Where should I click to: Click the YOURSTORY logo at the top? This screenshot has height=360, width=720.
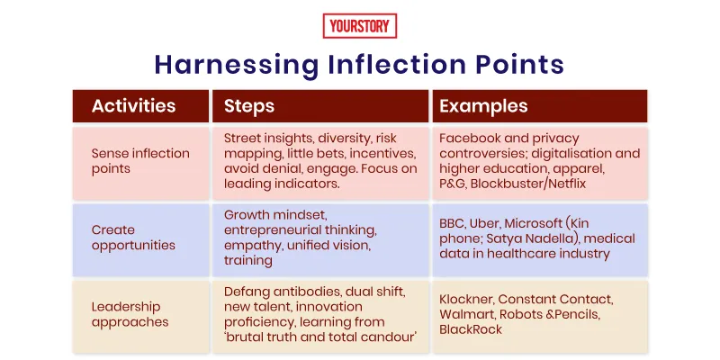pyautogui.click(x=359, y=26)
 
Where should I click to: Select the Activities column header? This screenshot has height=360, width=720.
pyautogui.click(x=133, y=106)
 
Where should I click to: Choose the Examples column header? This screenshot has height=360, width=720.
pyautogui.click(x=483, y=106)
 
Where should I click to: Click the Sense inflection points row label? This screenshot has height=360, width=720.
pyautogui.click(x=140, y=161)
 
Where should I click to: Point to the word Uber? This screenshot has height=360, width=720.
pyautogui.click(x=487, y=223)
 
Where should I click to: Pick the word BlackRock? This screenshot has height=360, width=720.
pyautogui.click(x=472, y=329)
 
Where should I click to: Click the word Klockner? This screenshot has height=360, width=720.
pyautogui.click(x=467, y=299)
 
